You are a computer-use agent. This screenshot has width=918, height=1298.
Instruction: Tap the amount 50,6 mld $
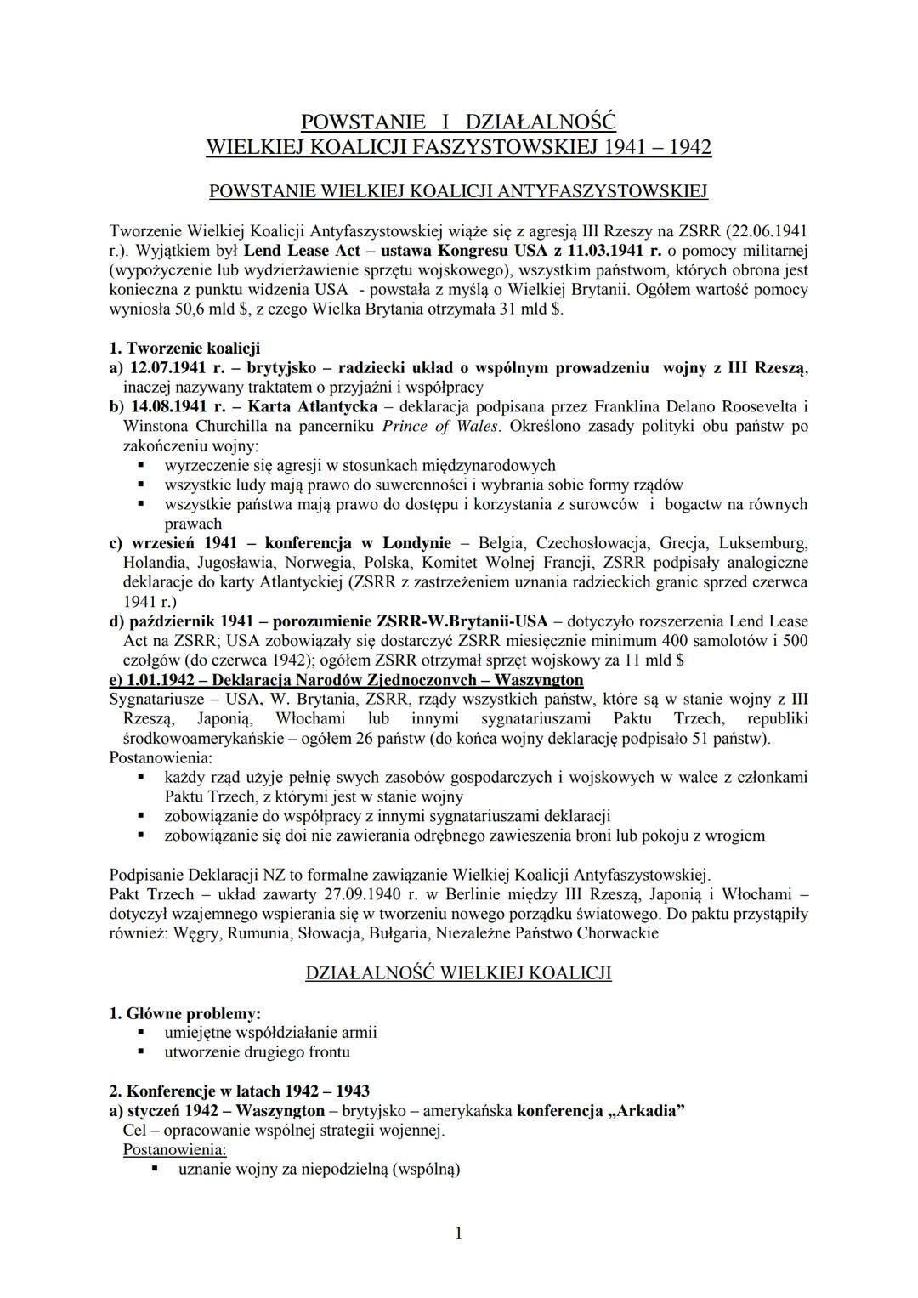(201, 309)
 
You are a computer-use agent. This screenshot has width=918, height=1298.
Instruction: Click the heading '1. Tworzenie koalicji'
(185, 348)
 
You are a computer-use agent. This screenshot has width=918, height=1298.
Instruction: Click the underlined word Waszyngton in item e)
(539, 679)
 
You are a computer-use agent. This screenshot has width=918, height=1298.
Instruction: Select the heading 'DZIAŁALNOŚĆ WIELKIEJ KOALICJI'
(458, 973)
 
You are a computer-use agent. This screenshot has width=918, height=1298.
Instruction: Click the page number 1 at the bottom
(459, 1233)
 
